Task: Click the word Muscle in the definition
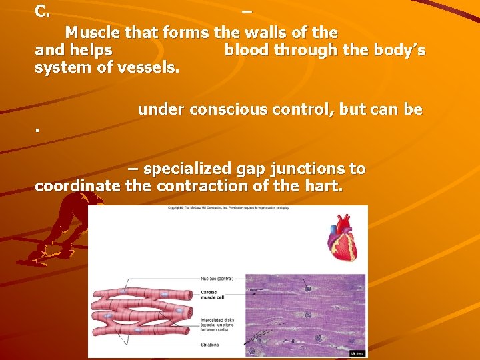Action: point(89,33)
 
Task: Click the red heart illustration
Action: point(343,238)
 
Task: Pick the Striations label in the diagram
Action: point(211,345)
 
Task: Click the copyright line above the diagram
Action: point(229,208)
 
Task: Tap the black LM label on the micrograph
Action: point(357,353)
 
